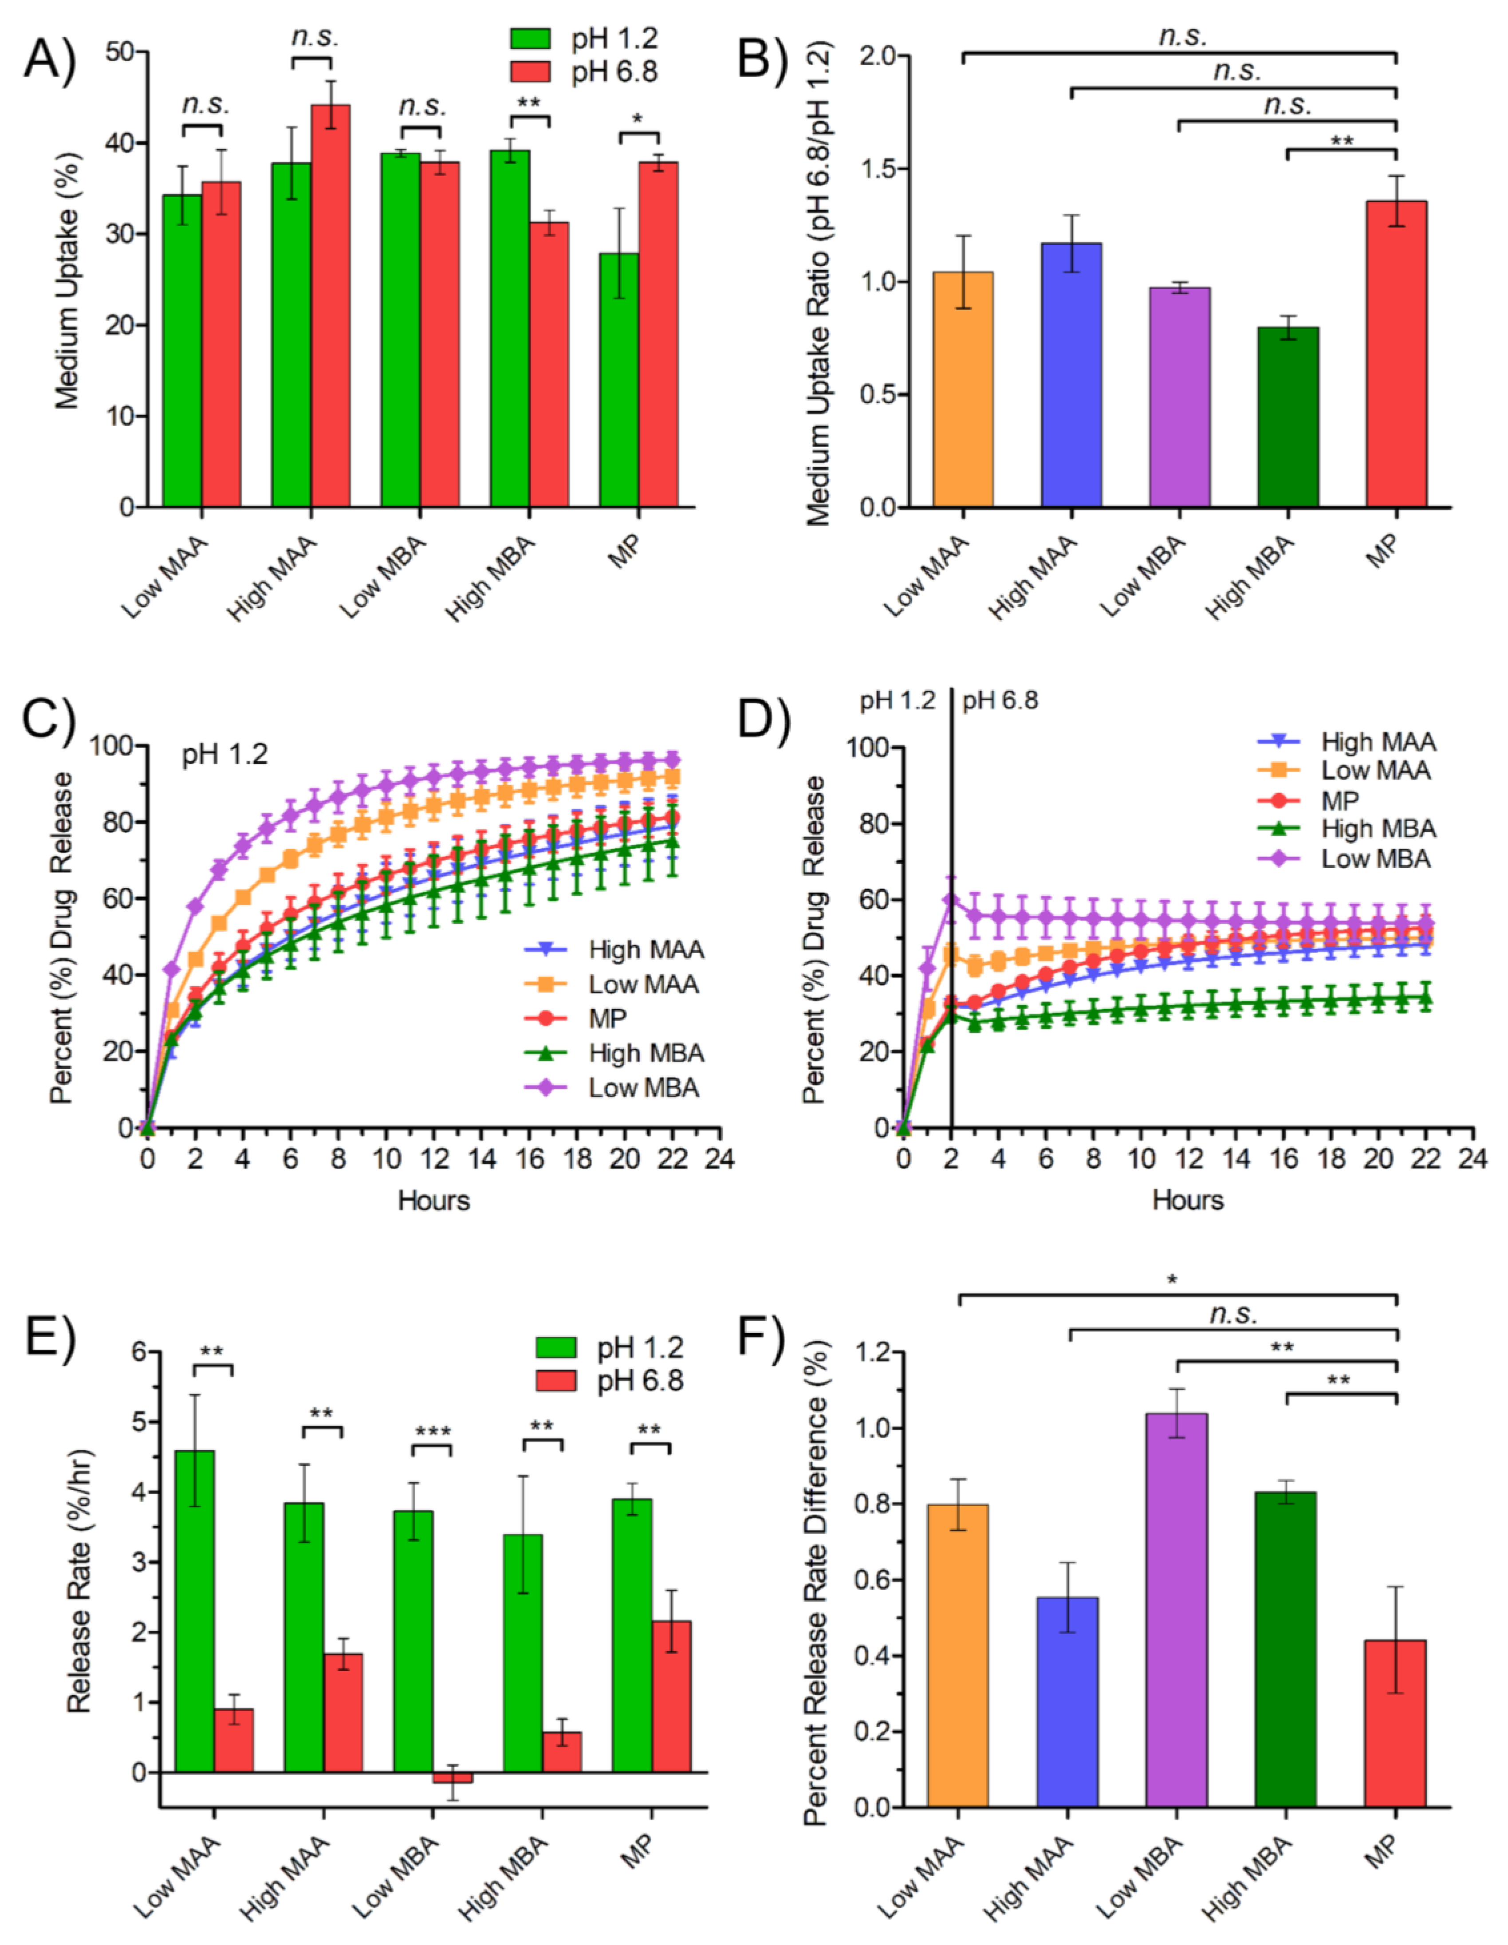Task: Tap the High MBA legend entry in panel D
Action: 1354,829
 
